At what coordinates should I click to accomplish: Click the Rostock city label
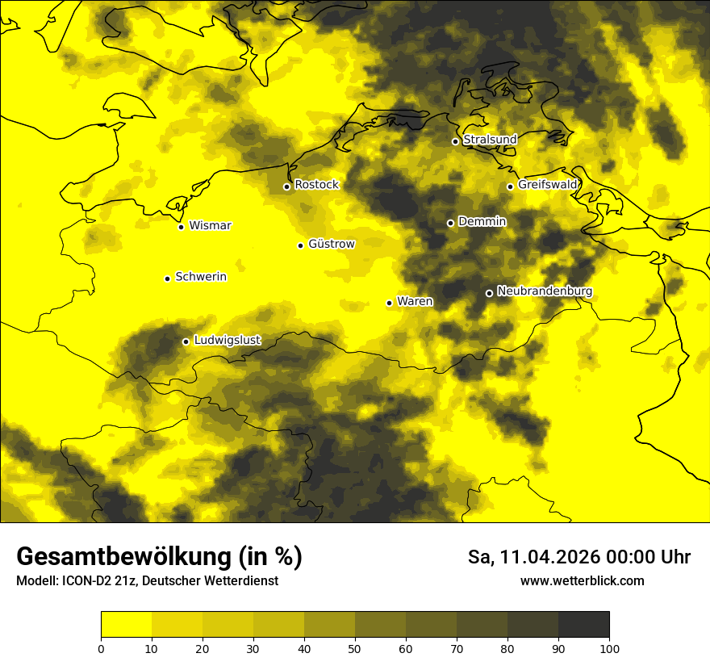[316, 185]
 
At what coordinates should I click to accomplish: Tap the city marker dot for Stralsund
[455, 141]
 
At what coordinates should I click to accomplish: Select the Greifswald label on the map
[548, 185]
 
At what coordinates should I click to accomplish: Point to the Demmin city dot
[450, 223]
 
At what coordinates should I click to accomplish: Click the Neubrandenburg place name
[545, 291]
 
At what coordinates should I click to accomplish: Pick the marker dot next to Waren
[389, 304]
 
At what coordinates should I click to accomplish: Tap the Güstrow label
[331, 244]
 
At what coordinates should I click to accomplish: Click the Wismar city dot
[181, 227]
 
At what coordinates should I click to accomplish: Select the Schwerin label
[201, 277]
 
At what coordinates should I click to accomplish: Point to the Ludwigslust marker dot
[186, 341]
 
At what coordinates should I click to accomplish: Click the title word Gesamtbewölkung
[121, 557]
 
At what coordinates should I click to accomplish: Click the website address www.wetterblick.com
[582, 581]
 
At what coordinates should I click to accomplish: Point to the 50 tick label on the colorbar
[355, 648]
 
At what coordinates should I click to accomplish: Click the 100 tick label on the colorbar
[609, 648]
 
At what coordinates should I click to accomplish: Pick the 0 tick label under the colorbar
[101, 648]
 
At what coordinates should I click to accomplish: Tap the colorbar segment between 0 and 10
[126, 625]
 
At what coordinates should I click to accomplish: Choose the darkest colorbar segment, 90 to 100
[583, 625]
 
